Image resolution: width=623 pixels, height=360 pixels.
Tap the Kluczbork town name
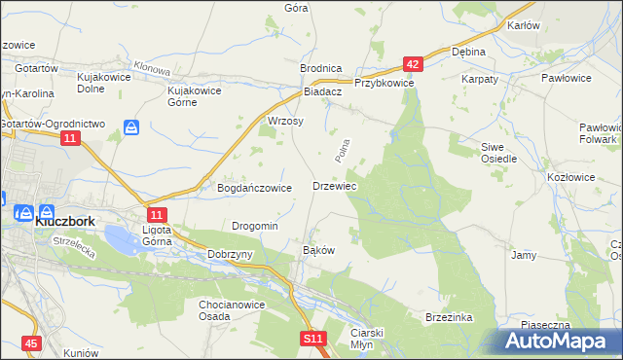point(64,221)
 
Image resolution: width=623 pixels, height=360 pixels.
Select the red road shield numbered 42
point(413,64)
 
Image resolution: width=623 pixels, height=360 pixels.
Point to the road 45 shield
point(32,343)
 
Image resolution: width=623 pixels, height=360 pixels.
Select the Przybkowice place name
point(385,85)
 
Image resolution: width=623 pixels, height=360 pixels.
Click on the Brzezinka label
point(449,317)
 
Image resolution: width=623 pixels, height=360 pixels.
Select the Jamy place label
point(524,255)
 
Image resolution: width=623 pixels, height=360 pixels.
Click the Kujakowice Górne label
point(196,96)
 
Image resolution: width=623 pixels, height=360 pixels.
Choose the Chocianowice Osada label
point(228,309)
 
